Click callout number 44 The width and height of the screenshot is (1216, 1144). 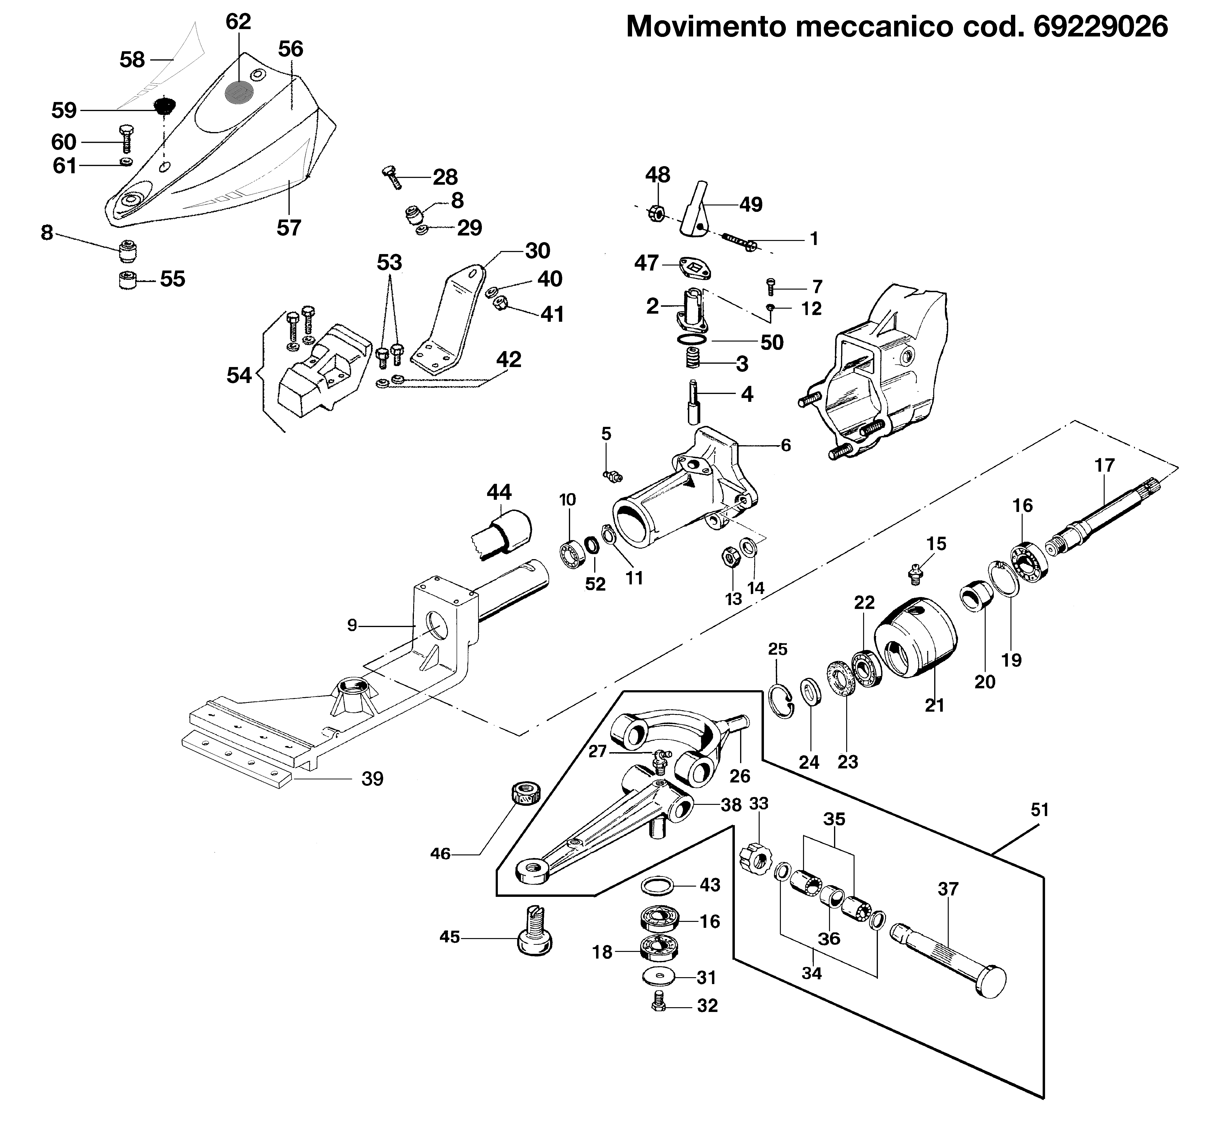[499, 492]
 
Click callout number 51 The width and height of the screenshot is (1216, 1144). [1040, 810]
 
